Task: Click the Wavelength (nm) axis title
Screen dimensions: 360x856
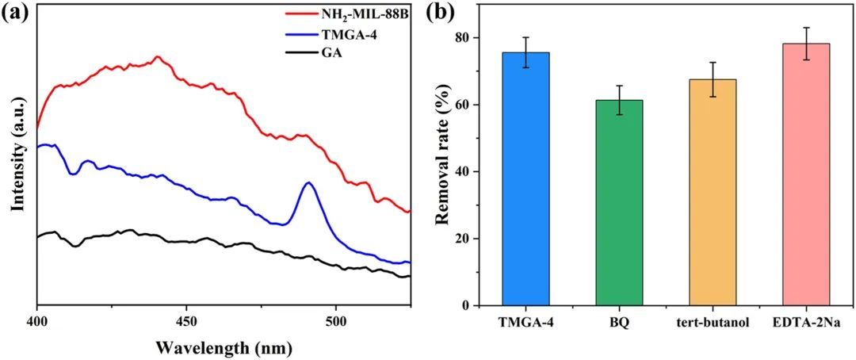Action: tap(224, 347)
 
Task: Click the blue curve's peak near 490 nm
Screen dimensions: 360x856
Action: tap(309, 183)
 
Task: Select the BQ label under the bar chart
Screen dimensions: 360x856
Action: tap(619, 324)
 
